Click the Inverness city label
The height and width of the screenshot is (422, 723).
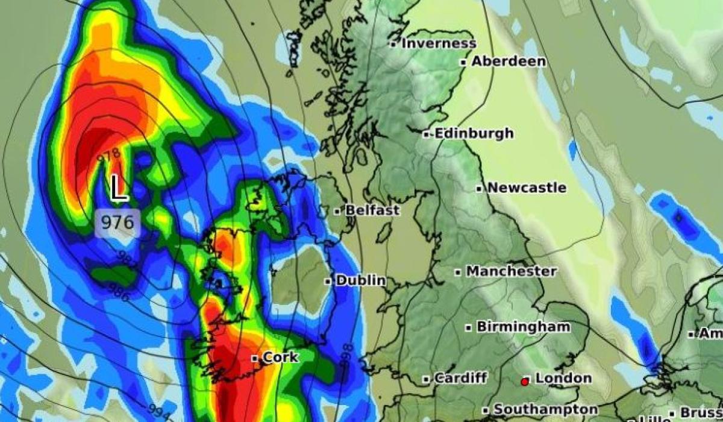point(438,43)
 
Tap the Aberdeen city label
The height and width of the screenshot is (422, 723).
point(509,61)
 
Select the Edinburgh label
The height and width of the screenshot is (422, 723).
point(474,133)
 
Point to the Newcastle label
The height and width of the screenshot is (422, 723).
point(527,187)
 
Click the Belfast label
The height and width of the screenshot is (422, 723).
point(372,210)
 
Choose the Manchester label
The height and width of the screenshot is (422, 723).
point(511,271)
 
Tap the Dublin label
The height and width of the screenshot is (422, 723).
point(360,280)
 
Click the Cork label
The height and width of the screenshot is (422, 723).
point(280,357)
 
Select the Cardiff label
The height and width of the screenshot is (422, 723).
point(460,379)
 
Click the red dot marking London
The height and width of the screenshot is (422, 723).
point(525,381)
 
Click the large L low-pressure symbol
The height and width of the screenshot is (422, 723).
point(119,188)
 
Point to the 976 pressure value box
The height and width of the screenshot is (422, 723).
point(117,222)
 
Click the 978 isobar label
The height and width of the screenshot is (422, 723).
point(109,156)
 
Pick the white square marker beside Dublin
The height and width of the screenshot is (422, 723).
point(328,281)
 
